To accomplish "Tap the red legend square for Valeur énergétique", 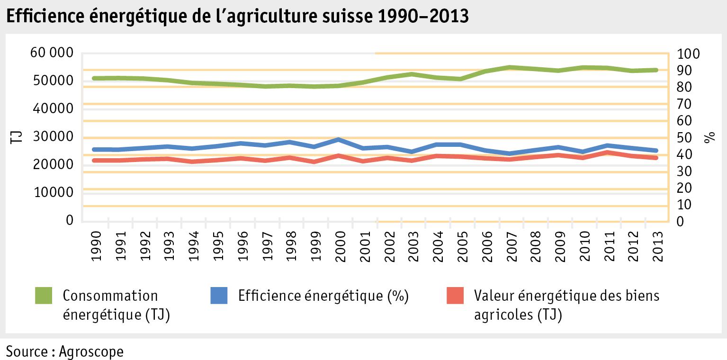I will click(455, 295).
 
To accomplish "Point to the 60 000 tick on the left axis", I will click(52, 53).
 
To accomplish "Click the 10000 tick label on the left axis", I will click(52, 192).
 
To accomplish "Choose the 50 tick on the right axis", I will click(684, 137).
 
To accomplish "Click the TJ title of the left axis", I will click(16, 137).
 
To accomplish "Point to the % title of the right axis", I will click(709, 137).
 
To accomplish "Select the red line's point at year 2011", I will click(609, 152).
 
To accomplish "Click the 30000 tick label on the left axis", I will click(52, 136).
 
